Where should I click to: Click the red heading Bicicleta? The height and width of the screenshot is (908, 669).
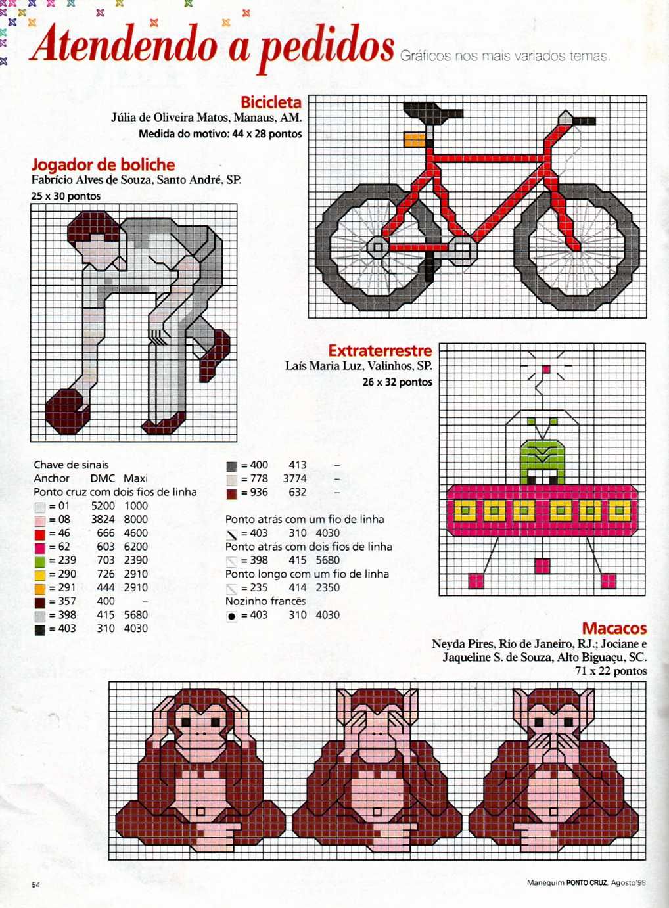tap(271, 102)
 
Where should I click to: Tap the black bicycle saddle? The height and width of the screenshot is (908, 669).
tap(430, 112)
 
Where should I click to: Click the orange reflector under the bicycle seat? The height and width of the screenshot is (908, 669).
tap(414, 139)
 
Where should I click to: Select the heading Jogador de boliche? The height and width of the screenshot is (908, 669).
tap(103, 164)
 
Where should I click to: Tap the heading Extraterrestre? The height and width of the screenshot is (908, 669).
tap(380, 350)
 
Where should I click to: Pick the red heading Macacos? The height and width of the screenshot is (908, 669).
tap(614, 628)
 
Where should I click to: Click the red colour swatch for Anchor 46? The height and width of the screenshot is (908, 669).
tap(40, 533)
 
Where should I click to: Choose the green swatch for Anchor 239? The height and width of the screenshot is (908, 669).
tap(40, 561)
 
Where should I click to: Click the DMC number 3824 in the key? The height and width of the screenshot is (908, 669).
tap(103, 519)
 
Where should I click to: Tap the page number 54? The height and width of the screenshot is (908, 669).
tap(36, 884)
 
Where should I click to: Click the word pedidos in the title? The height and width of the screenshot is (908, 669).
tap(327, 46)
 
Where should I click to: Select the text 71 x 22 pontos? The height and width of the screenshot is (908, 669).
tap(611, 671)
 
